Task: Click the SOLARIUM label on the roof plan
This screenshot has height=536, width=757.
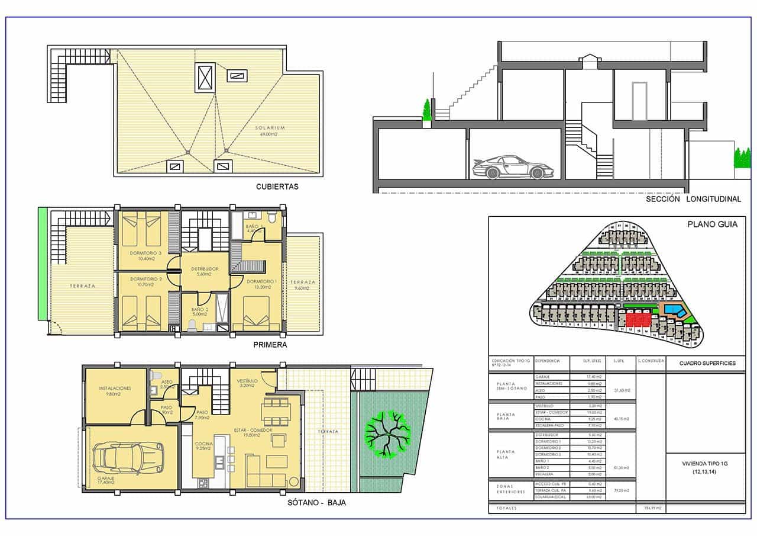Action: click(270, 127)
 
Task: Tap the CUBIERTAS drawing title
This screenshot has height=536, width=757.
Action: click(277, 186)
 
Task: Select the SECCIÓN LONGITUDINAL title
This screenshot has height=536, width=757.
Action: click(693, 200)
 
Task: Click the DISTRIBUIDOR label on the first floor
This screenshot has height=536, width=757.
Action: click(205, 269)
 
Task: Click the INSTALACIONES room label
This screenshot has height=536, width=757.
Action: click(115, 389)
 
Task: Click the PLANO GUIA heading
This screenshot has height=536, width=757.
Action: click(708, 224)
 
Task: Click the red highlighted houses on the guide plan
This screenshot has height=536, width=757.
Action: click(638, 320)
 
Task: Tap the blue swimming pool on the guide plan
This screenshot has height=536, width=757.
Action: click(674, 309)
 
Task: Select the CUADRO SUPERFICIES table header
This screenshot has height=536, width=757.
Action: click(706, 363)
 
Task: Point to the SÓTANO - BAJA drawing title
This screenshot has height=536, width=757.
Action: click(316, 502)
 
